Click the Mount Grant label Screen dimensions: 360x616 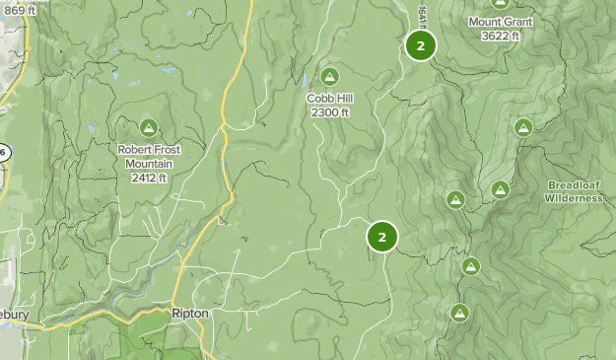pyautogui.click(x=501, y=22)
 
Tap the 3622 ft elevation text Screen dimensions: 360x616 pyautogui.click(x=501, y=36)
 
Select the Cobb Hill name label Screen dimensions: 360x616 pyautogui.click(x=329, y=99)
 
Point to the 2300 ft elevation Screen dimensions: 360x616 pyautogui.click(x=329, y=112)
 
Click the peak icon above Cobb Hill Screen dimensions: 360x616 pyautogui.click(x=329, y=77)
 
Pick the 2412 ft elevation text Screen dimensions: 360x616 pyautogui.click(x=149, y=178)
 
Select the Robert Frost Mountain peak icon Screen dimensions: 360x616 pyautogui.click(x=149, y=126)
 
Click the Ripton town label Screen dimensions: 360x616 pyautogui.click(x=188, y=314)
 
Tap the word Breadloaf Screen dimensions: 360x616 pyautogui.click(x=574, y=185)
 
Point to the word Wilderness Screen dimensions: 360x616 pyautogui.click(x=574, y=198)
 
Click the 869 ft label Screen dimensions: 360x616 pyautogui.click(x=19, y=10)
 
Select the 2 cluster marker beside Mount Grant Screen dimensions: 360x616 pyautogui.click(x=421, y=45)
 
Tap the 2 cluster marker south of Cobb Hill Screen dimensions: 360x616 pyautogui.click(x=381, y=237)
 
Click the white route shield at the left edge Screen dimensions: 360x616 pyautogui.click(x=3, y=152)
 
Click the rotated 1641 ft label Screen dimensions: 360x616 pyautogui.click(x=421, y=14)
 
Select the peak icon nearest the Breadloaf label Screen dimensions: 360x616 pyautogui.click(x=501, y=189)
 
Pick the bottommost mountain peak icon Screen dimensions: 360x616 pyautogui.click(x=459, y=314)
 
